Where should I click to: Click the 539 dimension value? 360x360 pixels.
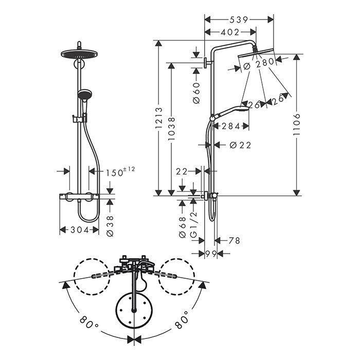pos(239,20)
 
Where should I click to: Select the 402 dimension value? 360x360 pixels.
pos(230,32)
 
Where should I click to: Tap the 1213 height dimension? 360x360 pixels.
pos(159,118)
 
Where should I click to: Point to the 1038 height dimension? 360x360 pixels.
pos(171,129)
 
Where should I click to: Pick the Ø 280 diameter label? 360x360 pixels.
pos(259,62)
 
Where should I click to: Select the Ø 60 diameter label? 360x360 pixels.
pos(196,93)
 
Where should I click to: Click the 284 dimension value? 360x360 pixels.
pos(231,126)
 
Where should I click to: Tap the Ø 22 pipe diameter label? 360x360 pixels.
pos(240,145)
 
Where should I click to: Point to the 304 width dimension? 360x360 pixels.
pos(80,229)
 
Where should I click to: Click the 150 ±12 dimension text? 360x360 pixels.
pos(120,172)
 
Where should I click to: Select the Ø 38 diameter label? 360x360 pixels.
pos(110,226)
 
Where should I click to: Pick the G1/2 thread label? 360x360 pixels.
pos(194,225)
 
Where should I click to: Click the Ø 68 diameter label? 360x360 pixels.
pos(183,227)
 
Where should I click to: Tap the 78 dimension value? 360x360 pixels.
pos(234,241)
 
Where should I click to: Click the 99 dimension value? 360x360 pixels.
pos(211,254)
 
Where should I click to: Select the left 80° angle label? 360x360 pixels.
pos(89,323)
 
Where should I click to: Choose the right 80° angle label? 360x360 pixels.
pos(182,320)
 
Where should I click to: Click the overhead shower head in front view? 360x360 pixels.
pos(79,54)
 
